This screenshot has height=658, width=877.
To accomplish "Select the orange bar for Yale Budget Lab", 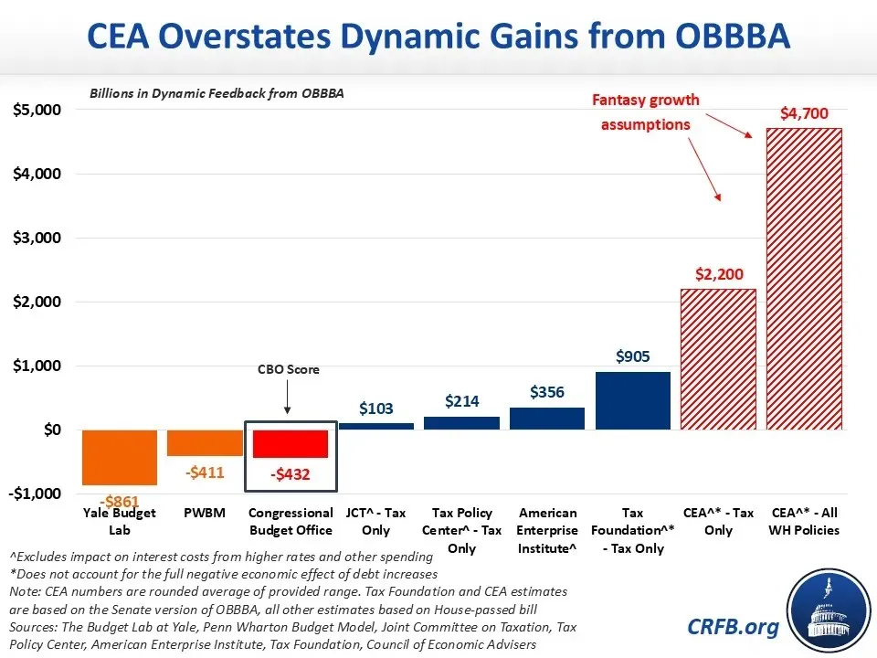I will (119, 456).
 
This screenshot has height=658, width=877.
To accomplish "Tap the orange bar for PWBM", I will (205, 442).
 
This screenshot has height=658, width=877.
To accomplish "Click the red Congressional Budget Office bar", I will (290, 443).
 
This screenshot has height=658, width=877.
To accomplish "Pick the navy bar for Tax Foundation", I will (632, 400).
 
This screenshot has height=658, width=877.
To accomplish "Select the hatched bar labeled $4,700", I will (803, 278).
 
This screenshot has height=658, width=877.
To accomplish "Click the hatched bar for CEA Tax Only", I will (718, 358).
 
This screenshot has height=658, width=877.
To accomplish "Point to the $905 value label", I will (632, 356).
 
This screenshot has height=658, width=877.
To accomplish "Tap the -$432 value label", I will (290, 474).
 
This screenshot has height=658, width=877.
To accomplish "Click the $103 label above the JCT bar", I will (375, 408).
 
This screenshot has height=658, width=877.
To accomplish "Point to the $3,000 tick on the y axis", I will (37, 238).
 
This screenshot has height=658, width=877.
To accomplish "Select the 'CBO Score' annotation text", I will (288, 370).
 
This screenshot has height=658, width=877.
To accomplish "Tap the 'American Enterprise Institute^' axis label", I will (547, 530).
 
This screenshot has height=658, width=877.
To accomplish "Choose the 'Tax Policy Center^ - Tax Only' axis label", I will (461, 530).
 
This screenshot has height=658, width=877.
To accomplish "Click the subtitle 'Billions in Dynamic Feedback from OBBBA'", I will (217, 94).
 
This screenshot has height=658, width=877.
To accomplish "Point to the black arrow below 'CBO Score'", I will (288, 398).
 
